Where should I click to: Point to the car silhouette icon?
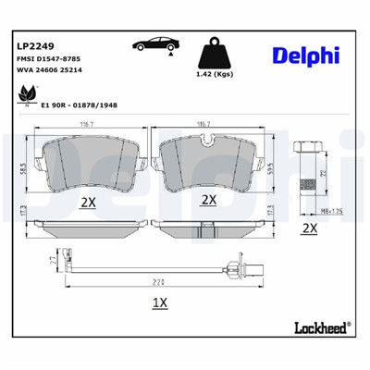click(x=154, y=45)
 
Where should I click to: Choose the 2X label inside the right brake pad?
click(x=209, y=199)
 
